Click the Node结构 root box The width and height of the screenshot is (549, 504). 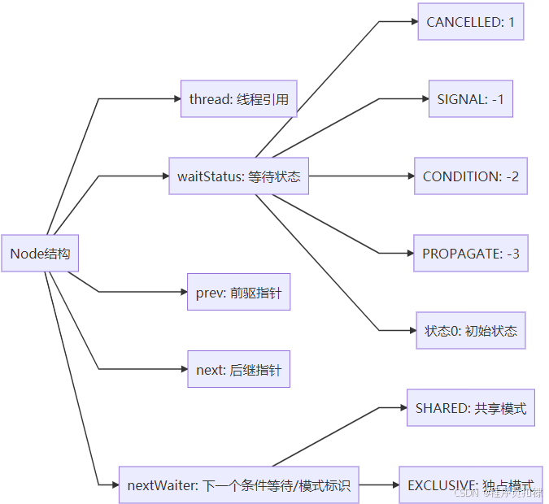(x=40, y=254)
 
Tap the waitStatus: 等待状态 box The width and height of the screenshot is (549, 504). (x=238, y=176)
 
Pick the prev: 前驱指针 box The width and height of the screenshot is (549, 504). (x=238, y=293)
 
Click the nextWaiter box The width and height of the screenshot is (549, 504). (x=238, y=485)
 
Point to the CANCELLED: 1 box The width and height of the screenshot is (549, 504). (x=470, y=22)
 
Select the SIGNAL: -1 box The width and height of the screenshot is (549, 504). (x=470, y=99)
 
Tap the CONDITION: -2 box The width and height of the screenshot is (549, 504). (x=470, y=176)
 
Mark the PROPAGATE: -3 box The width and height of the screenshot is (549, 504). (x=470, y=253)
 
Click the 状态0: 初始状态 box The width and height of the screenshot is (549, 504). (x=470, y=330)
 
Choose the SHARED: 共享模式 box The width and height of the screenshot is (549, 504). (x=470, y=407)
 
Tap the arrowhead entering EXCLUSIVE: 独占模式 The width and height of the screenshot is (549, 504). (x=394, y=485)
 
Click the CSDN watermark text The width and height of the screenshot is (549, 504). (x=498, y=493)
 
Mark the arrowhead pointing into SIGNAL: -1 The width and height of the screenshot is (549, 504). (x=424, y=99)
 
